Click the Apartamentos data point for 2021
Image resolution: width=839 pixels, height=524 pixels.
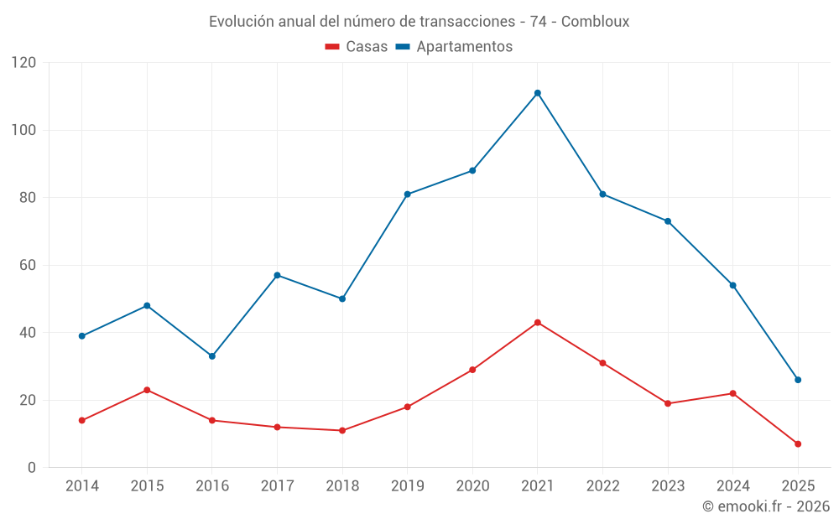538,93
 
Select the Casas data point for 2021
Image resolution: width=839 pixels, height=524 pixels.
538,323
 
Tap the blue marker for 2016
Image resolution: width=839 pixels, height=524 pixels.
212,356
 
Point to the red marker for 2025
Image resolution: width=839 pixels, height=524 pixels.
798,444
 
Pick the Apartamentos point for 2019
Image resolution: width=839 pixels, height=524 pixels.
408,195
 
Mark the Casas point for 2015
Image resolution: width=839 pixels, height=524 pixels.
147,390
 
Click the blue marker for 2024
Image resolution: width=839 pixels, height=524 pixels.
732,285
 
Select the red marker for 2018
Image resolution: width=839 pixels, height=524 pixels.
342,430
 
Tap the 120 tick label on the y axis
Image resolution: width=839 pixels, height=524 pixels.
24,63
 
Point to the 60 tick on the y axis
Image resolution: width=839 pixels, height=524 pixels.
28,265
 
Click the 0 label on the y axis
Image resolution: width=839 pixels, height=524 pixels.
32,468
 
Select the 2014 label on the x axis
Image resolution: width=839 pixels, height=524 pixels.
81,486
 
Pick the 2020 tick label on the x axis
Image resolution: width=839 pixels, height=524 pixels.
472,486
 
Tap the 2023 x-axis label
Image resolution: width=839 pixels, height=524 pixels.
668,486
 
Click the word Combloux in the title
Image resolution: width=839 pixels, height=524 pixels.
595,22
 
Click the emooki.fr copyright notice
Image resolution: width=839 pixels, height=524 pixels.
765,506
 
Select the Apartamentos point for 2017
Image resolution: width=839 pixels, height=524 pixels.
277,275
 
